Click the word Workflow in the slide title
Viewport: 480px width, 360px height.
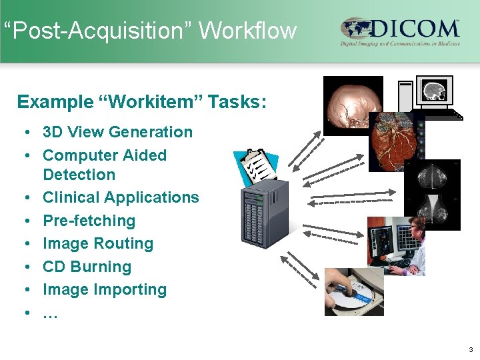click(x=247, y=31)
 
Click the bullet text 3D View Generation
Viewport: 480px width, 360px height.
click(x=117, y=132)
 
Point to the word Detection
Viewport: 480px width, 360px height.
click(x=79, y=175)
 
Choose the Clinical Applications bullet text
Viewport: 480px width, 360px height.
click(x=121, y=197)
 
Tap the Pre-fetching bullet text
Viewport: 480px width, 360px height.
click(x=89, y=221)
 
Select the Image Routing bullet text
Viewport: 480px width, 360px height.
click(x=98, y=243)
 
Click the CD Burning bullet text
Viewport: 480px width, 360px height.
click(x=87, y=267)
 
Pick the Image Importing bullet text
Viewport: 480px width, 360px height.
click(x=105, y=289)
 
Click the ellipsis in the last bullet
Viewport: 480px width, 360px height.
click(x=50, y=313)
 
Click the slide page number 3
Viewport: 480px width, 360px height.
click(x=471, y=349)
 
